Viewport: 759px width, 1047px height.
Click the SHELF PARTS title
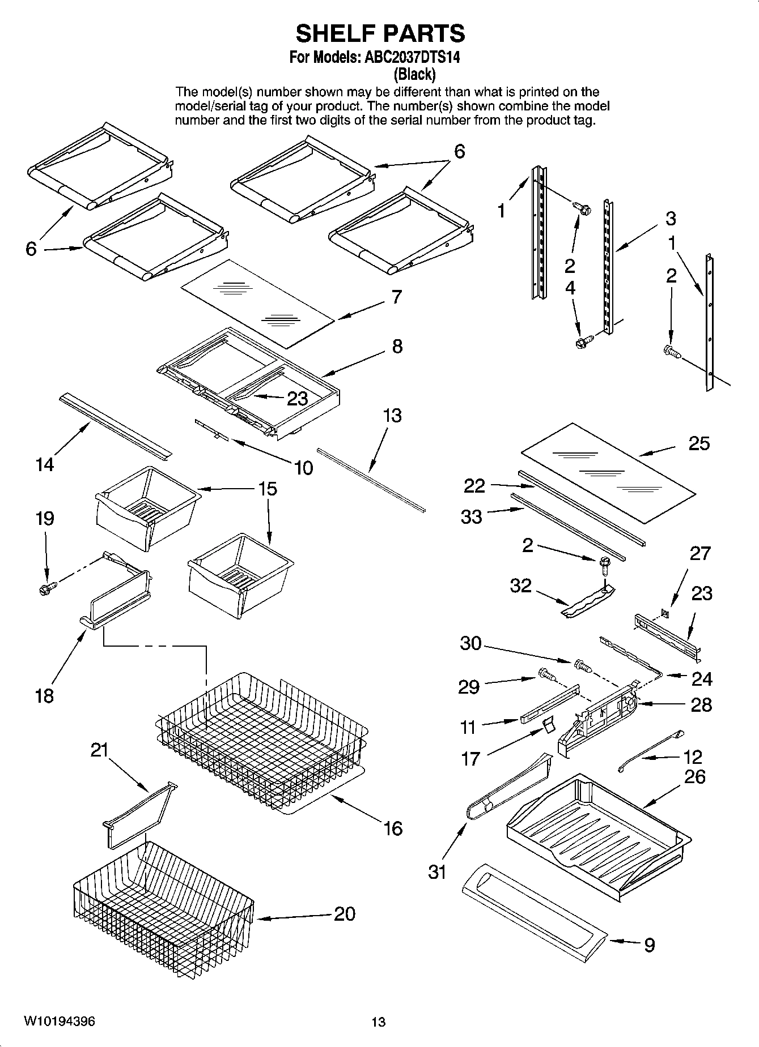coord(380,34)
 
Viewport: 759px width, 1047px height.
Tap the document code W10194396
coord(59,1022)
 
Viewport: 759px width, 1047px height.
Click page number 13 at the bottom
coord(378,1022)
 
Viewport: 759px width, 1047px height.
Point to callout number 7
coord(396,297)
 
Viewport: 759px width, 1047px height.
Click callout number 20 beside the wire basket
coord(344,913)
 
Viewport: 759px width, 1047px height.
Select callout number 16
coord(392,828)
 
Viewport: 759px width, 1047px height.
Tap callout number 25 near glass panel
coord(699,443)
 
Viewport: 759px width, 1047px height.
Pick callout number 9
coord(649,945)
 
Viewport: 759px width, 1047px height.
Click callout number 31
coord(437,872)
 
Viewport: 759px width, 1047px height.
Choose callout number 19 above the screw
coord(45,519)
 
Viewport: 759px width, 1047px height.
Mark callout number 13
coord(392,416)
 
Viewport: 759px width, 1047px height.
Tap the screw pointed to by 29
coord(546,674)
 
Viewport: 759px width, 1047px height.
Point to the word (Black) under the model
coord(414,74)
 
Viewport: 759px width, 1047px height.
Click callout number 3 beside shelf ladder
coord(670,219)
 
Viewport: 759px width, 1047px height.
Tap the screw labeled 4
coord(583,342)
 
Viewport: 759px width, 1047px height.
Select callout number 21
coord(100,750)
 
